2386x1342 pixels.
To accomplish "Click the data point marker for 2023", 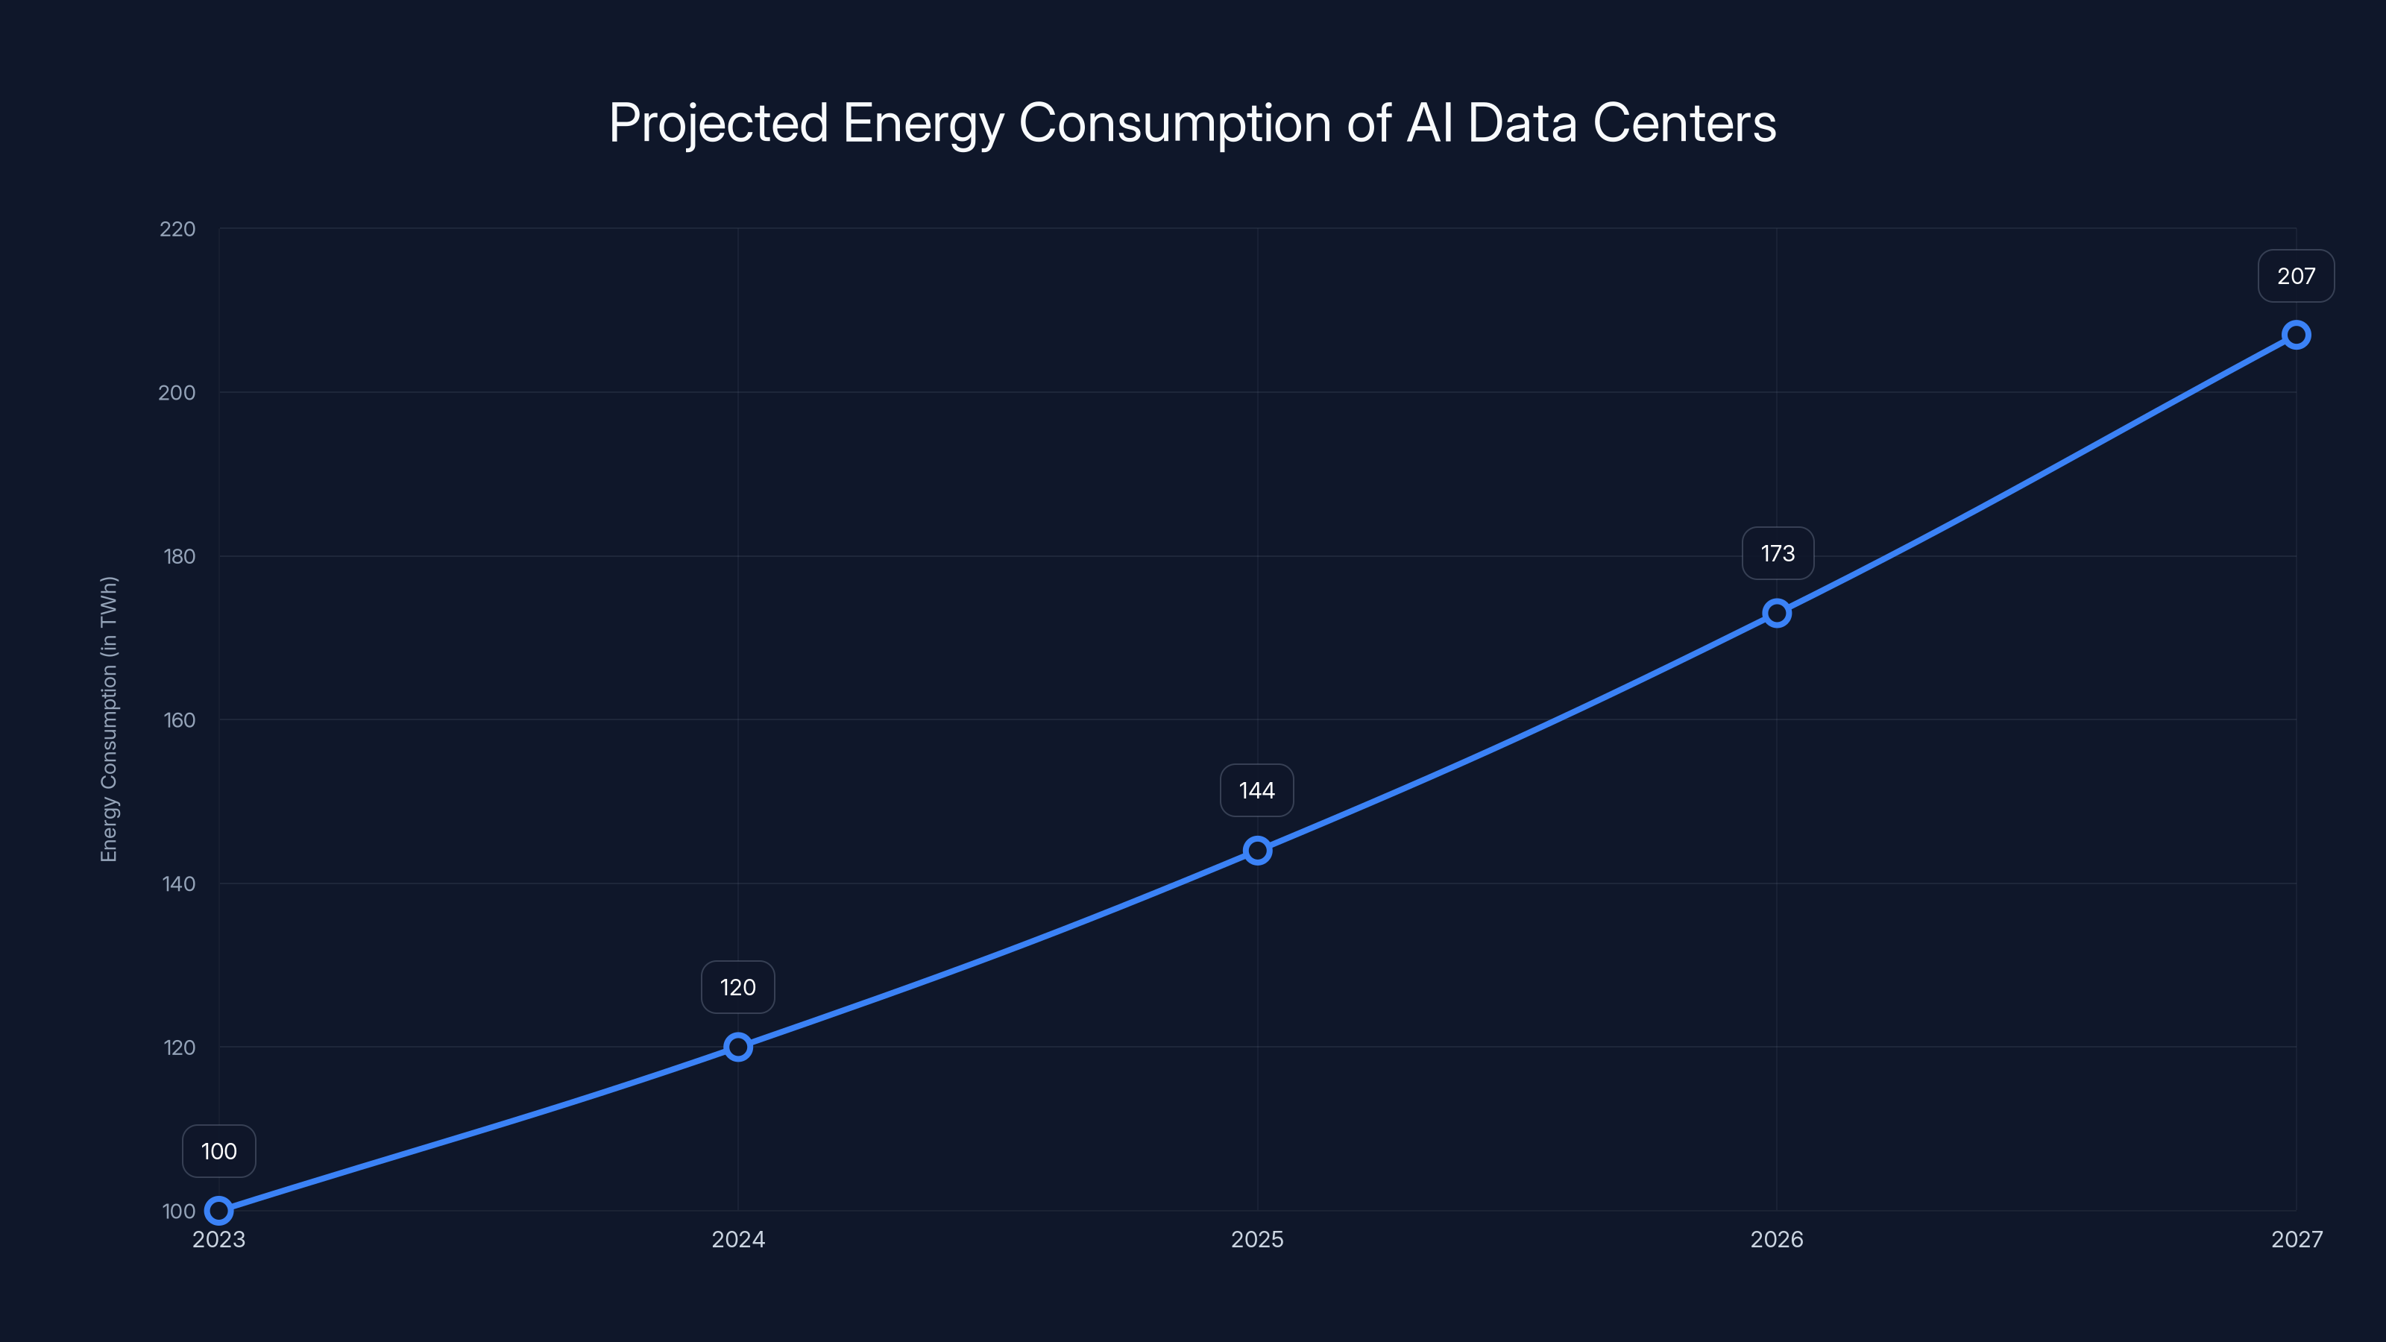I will pos(218,1211).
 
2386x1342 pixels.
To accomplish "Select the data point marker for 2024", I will pos(738,1048).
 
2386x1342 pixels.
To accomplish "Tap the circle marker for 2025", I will pos(1257,850).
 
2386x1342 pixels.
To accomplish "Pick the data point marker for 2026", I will pos(1777,613).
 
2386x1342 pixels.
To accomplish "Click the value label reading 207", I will pos(2297,276).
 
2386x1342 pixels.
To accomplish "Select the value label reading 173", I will pos(1778,554).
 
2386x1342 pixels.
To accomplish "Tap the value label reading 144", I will pos(1257,791).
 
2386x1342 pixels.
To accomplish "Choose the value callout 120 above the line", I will pos(738,987).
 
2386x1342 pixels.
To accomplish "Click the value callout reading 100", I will pos(218,1151).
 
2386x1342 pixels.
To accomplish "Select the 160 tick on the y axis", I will pos(179,719).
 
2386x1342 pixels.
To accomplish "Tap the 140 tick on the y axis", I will pos(179,883).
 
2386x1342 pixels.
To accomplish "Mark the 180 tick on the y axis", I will pos(179,557).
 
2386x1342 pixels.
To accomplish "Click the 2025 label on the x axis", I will pos(1257,1239).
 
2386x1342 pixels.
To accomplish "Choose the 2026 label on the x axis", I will pos(1777,1239).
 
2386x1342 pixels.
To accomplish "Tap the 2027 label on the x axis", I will pos(2297,1239).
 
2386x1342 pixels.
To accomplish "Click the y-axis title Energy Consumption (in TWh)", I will pos(110,719).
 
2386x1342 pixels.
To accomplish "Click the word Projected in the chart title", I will pos(718,123).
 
